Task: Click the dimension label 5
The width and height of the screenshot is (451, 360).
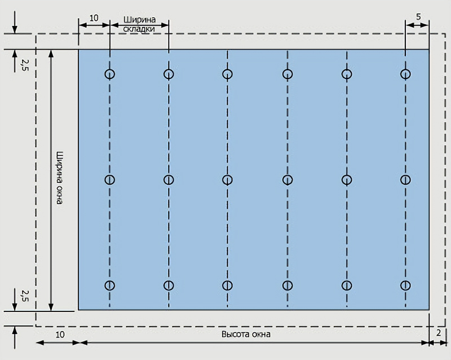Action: pyautogui.click(x=418, y=17)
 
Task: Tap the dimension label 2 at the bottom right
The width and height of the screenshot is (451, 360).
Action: pyautogui.click(x=439, y=333)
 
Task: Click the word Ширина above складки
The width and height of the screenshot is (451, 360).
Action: pyautogui.click(x=139, y=20)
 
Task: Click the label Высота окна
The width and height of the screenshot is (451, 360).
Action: pyautogui.click(x=246, y=335)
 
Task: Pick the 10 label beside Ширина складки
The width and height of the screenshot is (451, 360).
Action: pyautogui.click(x=94, y=18)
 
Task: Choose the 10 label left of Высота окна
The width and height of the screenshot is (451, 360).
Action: pyautogui.click(x=60, y=335)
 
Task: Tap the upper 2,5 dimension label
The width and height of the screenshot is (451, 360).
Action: pyautogui.click(x=25, y=65)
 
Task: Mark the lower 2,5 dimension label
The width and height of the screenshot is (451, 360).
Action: pyautogui.click(x=25, y=296)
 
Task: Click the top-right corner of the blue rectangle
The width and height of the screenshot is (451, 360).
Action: pyautogui.click(x=429, y=50)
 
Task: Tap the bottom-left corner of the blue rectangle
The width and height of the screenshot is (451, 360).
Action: pyautogui.click(x=78, y=310)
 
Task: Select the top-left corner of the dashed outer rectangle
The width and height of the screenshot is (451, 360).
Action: pyautogui.click(x=36, y=34)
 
